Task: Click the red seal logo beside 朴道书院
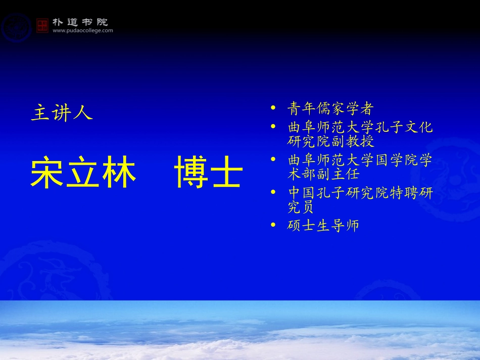coord(42,25)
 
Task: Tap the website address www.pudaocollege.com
coord(83,31)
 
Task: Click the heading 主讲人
coord(62,113)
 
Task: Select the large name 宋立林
coord(84,174)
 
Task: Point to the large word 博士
coord(209,174)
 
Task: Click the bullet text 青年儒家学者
coord(330,109)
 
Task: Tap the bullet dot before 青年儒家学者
coord(273,108)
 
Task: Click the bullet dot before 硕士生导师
coord(273,225)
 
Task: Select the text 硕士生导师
coord(323,225)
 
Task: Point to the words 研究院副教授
coord(330,141)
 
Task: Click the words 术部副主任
coord(323,174)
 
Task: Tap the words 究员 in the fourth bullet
coord(302,207)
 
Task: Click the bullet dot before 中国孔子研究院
coord(273,192)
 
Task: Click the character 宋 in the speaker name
coord(48,174)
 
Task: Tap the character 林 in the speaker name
coord(120,174)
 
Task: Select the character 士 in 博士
coord(227,174)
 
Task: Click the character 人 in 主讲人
coord(83,113)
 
